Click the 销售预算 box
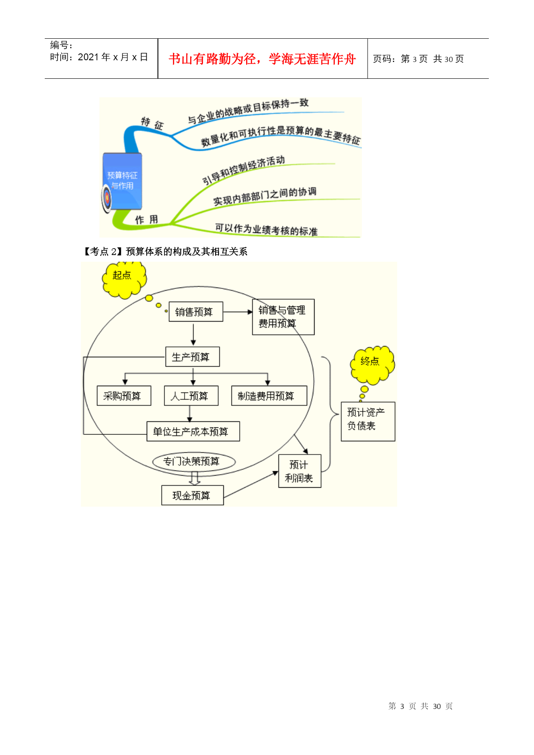[196, 312]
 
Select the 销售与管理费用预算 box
[283, 317]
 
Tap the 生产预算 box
[192, 357]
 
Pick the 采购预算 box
[124, 396]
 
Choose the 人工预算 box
[191, 396]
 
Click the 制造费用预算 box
[269, 396]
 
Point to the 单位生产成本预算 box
[193, 431]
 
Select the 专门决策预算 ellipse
[194, 461]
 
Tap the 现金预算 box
[192, 495]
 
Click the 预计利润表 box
[300, 471]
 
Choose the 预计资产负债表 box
[368, 421]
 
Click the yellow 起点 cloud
[124, 278]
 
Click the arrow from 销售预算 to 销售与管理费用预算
[238, 312]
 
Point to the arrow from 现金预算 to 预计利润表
[251, 485]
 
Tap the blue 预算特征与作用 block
[122, 181]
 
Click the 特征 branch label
[152, 124]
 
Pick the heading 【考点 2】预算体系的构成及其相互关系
[164, 251]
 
